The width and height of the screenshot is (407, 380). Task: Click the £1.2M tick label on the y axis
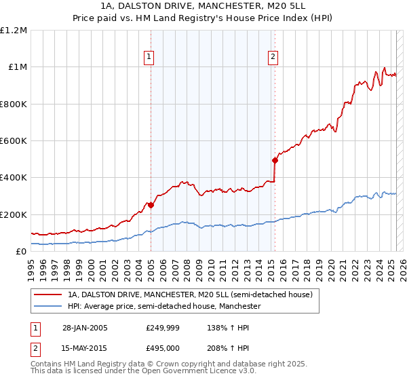[x=14, y=31]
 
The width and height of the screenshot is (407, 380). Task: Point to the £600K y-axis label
[x=14, y=141]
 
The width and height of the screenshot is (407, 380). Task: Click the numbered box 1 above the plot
[x=148, y=58]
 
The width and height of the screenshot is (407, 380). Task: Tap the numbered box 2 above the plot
[x=273, y=58]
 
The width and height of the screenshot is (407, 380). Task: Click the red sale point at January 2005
[x=151, y=205]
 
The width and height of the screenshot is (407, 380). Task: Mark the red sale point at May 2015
[x=275, y=160]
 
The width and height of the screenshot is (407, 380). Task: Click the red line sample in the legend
[x=47, y=294]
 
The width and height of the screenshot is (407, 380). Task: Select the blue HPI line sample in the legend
[x=47, y=307]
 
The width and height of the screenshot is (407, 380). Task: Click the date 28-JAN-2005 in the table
[x=84, y=328]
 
